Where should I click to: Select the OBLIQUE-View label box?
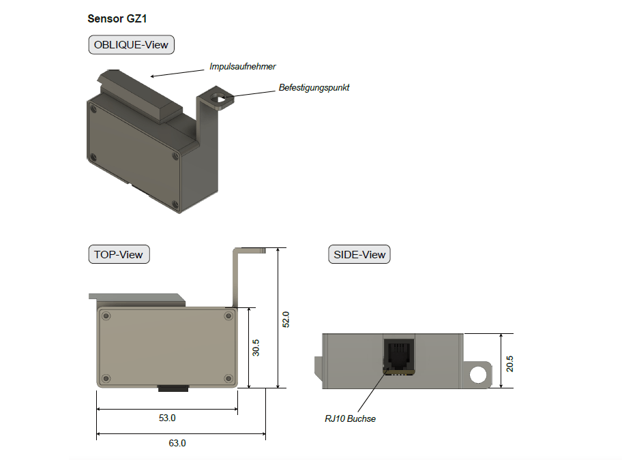tap(131, 45)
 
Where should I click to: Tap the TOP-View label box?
tap(119, 254)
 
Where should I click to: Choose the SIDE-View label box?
tap(359, 254)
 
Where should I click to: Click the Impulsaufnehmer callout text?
tap(242, 67)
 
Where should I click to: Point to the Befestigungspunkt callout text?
tap(314, 88)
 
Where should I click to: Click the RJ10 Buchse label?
tap(350, 418)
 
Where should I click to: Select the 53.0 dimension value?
tap(166, 418)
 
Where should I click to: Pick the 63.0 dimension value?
tap(177, 443)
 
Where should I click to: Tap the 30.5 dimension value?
tap(256, 348)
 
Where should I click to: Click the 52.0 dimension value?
tap(286, 318)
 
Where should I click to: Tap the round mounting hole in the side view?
tap(479, 374)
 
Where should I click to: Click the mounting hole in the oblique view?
tap(220, 99)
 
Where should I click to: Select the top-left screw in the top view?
tap(105, 316)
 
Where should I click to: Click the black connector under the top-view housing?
tap(174, 388)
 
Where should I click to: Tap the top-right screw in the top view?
tap(228, 316)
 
